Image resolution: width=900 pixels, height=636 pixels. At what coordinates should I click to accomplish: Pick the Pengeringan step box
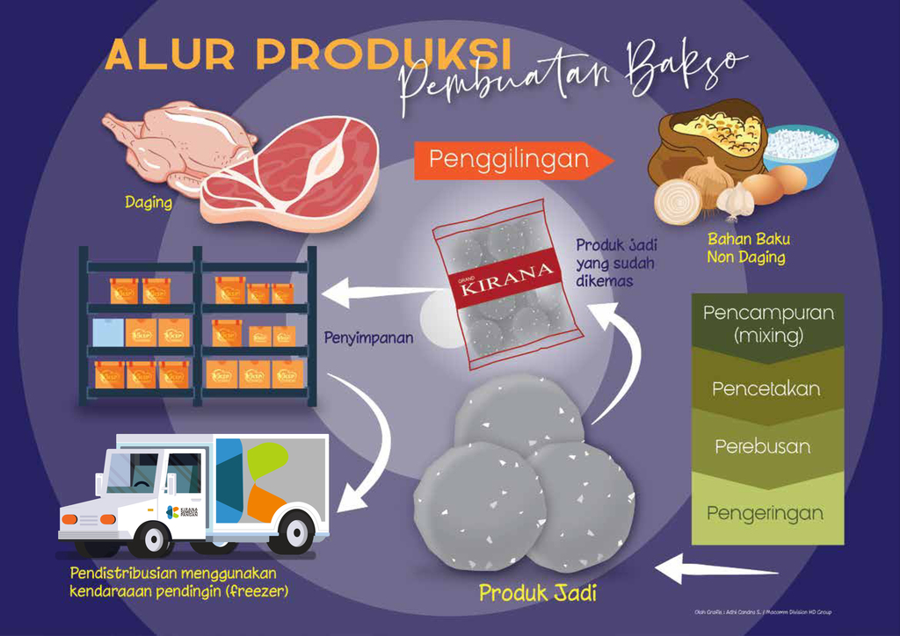point(765,512)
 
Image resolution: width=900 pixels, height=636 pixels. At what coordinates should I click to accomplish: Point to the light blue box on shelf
point(107,332)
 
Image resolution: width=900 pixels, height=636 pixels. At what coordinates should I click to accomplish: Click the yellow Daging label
point(148,203)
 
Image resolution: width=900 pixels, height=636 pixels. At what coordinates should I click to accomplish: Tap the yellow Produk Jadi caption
point(537,593)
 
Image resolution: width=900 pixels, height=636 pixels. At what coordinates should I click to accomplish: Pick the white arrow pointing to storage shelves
point(378,293)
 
